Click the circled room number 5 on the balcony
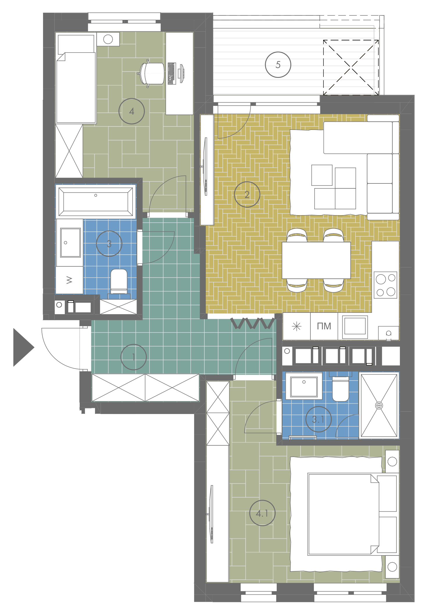278,65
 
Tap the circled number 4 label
132,111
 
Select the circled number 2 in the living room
247,194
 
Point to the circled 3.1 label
319,419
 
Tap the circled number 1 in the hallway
134,357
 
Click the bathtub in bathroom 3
96,201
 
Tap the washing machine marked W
69,280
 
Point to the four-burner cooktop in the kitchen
385,285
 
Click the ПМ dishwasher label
324,326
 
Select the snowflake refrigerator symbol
296,326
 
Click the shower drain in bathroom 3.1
379,405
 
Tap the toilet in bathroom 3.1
340,387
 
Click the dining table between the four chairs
316,260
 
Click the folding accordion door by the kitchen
252,323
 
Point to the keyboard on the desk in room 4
172,74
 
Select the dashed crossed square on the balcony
351,67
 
